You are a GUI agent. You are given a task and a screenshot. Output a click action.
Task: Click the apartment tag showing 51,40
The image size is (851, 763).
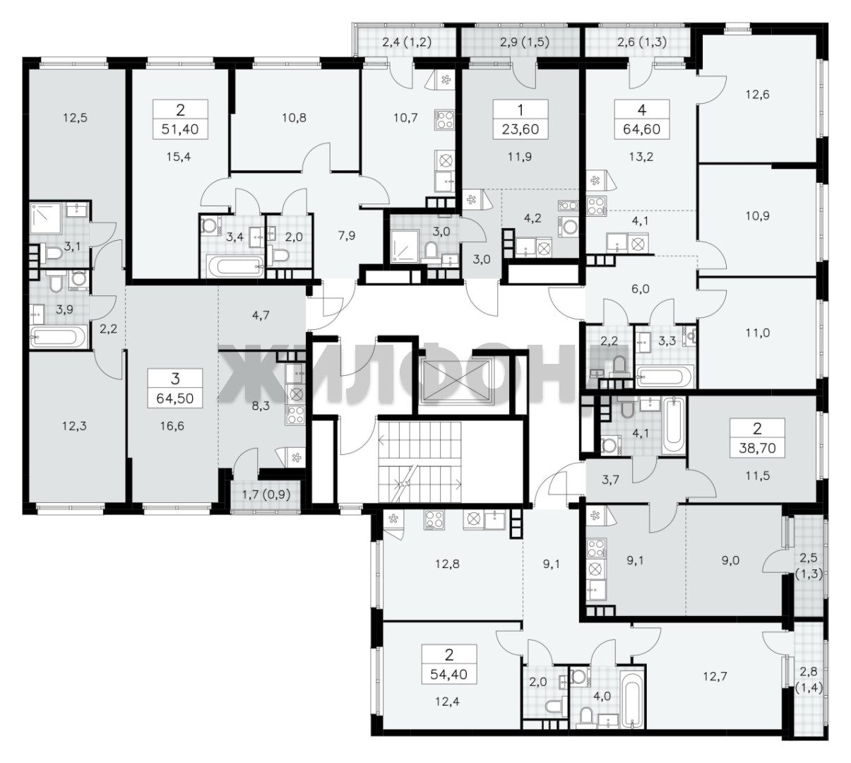click(x=180, y=119)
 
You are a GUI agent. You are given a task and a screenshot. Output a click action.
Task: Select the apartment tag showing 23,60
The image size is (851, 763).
click(x=520, y=119)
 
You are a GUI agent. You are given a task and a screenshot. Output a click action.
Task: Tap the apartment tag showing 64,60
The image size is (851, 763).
click(x=641, y=119)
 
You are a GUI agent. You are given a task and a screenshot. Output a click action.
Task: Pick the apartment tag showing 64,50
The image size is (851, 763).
click(x=175, y=388)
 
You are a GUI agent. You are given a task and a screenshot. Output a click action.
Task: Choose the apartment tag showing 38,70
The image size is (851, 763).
click(x=757, y=437)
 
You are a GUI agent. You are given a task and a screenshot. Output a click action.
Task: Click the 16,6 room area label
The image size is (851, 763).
click(x=172, y=426)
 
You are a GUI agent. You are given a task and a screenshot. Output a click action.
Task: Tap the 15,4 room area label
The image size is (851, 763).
click(x=179, y=157)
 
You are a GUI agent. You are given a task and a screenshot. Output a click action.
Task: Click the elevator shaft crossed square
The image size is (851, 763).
click(x=457, y=381)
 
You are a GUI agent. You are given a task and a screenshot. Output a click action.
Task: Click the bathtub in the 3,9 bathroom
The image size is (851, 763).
click(x=59, y=336)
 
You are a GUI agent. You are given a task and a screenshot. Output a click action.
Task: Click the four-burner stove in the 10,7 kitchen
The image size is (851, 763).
click(x=445, y=119)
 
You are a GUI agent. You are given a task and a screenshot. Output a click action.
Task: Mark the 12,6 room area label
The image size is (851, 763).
click(x=757, y=95)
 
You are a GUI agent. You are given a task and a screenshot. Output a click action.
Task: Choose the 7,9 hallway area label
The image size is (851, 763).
click(x=347, y=236)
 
